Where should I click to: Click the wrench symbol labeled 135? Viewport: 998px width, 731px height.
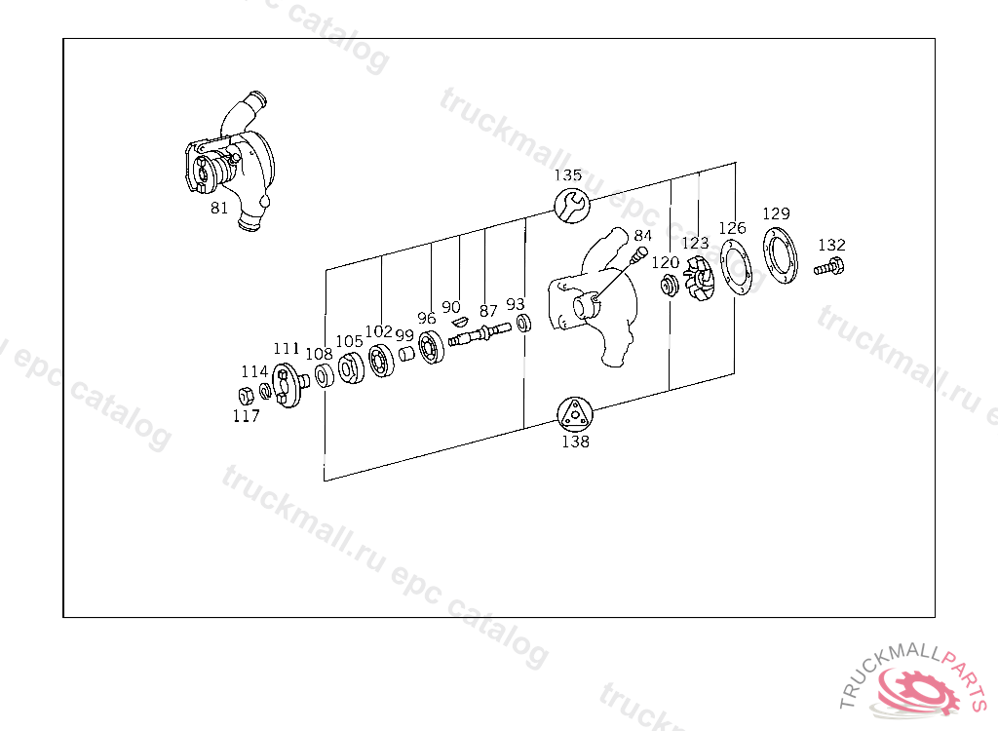pyautogui.click(x=571, y=205)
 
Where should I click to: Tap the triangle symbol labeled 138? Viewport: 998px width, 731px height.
pyautogui.click(x=575, y=414)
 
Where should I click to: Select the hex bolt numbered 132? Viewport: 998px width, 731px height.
pyautogui.click(x=829, y=267)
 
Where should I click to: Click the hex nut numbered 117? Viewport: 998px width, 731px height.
pyautogui.click(x=246, y=396)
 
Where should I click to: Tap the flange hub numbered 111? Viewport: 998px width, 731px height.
pyautogui.click(x=288, y=385)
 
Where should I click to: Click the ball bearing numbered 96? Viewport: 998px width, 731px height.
pyautogui.click(x=431, y=348)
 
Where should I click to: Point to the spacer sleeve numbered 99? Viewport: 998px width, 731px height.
pyautogui.click(x=406, y=354)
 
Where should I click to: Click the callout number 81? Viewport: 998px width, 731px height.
pyautogui.click(x=219, y=209)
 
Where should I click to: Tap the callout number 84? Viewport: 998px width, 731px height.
pyautogui.click(x=643, y=236)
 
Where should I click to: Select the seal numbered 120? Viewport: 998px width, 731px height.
pyautogui.click(x=669, y=286)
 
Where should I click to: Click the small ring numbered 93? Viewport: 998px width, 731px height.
pyautogui.click(x=523, y=323)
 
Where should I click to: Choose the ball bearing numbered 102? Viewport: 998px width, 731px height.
pyautogui.click(x=381, y=360)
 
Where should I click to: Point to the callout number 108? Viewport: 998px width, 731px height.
pyautogui.click(x=319, y=354)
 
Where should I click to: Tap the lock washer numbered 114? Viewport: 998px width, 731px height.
pyautogui.click(x=265, y=390)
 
